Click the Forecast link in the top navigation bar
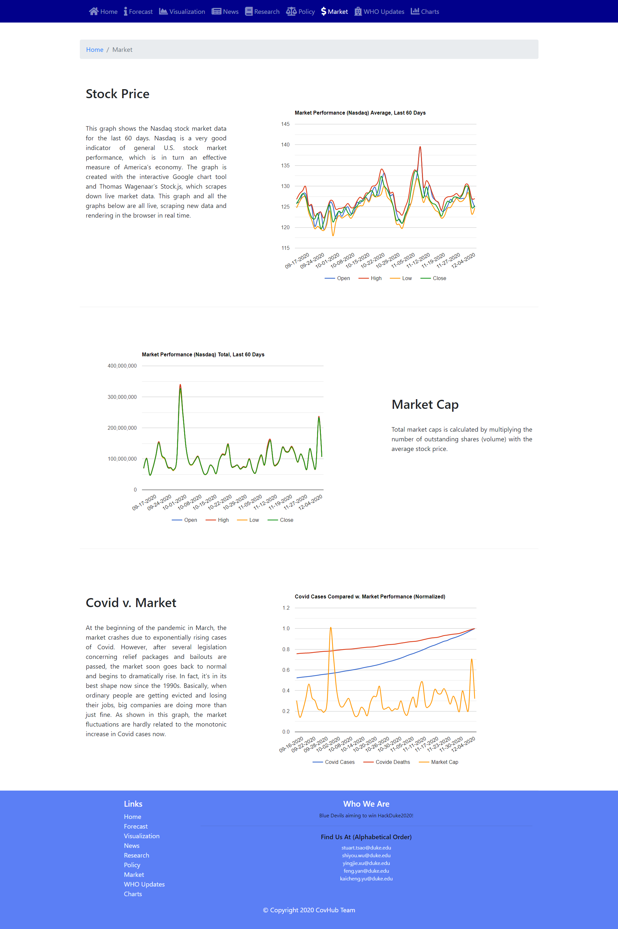(138, 12)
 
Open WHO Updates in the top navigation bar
(379, 12)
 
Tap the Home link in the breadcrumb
(95, 50)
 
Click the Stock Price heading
(117, 94)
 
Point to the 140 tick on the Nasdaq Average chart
(286, 145)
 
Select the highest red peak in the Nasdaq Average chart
(420, 147)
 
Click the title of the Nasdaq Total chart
(203, 354)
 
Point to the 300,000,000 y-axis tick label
(122, 397)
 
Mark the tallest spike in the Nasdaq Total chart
(180, 385)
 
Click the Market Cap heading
(425, 404)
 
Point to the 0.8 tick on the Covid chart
(286, 649)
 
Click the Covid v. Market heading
(131, 603)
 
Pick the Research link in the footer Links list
(136, 855)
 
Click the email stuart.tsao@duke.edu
(366, 848)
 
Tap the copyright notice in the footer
(309, 910)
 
